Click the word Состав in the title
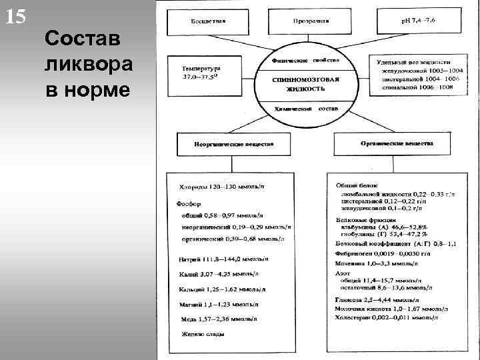(83, 40)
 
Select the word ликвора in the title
(89, 64)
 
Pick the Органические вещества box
(397, 143)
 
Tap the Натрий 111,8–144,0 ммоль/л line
(223, 259)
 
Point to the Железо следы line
(201, 333)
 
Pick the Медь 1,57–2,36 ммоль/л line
(221, 318)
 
